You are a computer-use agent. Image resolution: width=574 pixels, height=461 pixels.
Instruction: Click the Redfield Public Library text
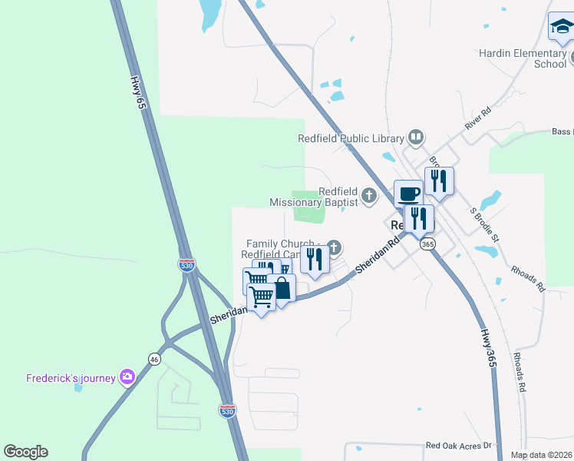(x=351, y=139)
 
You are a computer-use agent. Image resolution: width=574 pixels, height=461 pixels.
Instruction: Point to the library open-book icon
(x=416, y=138)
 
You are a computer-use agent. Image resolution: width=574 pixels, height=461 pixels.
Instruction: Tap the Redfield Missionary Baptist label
(x=314, y=197)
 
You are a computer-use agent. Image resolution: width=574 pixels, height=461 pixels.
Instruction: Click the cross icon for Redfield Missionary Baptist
(x=369, y=196)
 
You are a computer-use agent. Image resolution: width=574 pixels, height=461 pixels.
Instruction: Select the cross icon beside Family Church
(x=334, y=247)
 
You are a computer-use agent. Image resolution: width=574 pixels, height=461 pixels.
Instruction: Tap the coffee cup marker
(x=408, y=193)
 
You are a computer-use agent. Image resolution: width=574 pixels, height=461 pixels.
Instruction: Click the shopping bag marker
(x=282, y=289)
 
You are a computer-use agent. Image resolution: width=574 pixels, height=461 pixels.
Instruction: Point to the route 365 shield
(x=428, y=244)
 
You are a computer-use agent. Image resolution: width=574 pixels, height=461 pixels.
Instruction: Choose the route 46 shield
(x=154, y=359)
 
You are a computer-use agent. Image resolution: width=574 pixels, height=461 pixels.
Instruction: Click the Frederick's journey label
(x=71, y=378)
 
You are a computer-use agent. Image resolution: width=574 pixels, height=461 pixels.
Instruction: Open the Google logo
(x=25, y=452)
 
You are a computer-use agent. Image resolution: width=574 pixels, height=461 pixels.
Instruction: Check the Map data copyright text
(x=541, y=455)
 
